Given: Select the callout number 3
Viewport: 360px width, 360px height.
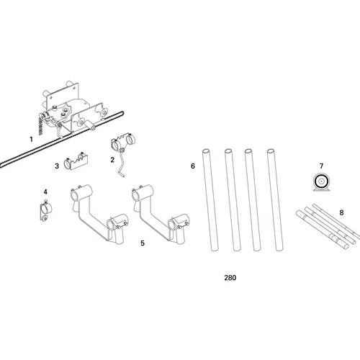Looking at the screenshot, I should coord(56,166).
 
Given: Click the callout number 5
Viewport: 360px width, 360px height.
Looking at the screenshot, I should coord(143,243).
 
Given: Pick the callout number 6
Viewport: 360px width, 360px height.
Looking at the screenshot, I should coord(193,166).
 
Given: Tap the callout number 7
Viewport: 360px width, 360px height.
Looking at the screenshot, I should coord(322,166).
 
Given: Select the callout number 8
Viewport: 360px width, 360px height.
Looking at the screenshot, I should coord(341,212).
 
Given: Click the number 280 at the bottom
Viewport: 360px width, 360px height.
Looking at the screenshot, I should coord(230,277).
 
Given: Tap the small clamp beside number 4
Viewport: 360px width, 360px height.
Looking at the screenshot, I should coord(44,212).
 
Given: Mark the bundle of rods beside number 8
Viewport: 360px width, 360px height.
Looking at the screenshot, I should coord(324,225).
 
